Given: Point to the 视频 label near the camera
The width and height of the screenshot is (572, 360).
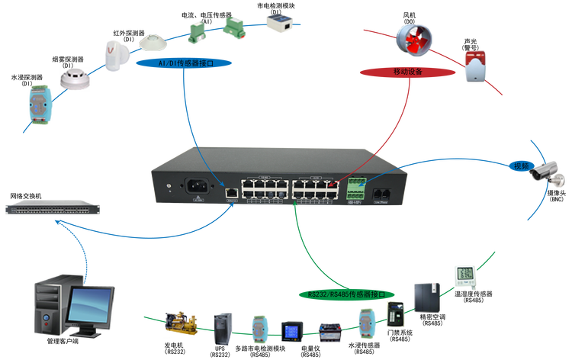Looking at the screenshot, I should (x=521, y=166).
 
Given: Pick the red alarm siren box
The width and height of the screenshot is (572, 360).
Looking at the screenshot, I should (x=475, y=68).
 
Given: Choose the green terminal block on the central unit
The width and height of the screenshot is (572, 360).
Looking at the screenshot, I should (x=356, y=186).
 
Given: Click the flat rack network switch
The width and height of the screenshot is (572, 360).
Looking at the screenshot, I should (x=53, y=207).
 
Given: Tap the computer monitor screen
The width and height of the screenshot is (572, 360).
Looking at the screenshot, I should (x=88, y=303).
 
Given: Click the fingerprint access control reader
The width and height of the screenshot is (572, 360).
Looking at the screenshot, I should (x=394, y=313).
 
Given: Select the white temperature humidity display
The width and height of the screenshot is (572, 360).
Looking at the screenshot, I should (x=464, y=276).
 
